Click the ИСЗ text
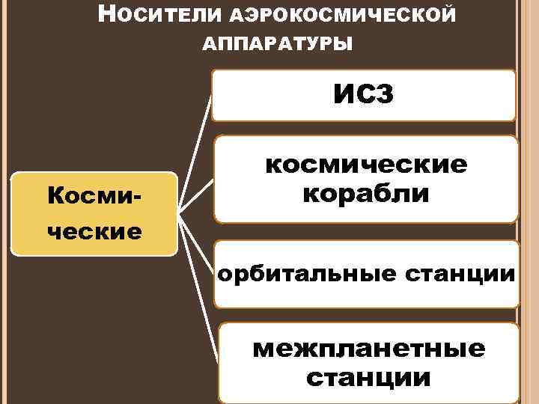coord(363,95)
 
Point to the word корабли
coord(365,194)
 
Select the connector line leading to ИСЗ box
coord(197,142)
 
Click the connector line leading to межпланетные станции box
coord(202,299)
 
